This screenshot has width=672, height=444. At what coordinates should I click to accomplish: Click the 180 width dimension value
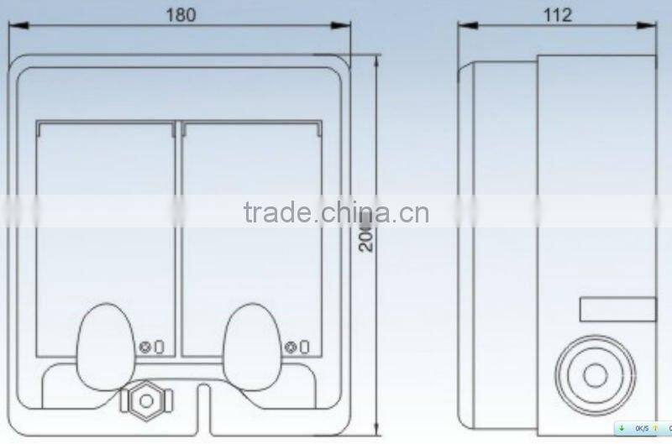[x=181, y=16]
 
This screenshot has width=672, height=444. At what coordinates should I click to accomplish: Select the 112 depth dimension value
[x=558, y=15]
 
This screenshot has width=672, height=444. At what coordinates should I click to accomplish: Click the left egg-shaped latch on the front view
[x=105, y=345]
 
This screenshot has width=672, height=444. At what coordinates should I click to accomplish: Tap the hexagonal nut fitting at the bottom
[x=146, y=400]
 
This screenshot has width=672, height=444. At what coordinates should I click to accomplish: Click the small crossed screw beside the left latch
[x=146, y=347]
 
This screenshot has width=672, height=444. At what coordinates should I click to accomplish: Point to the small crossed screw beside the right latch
[x=291, y=347]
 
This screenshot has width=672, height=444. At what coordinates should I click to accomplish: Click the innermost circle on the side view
[x=596, y=376]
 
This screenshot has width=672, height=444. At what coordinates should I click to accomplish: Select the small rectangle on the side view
[x=617, y=309]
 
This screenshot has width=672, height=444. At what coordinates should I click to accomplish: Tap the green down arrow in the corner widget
[x=622, y=427]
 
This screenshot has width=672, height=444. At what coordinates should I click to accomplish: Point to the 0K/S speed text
[x=641, y=427]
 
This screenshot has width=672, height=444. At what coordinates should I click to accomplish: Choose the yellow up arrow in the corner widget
[x=655, y=427]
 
